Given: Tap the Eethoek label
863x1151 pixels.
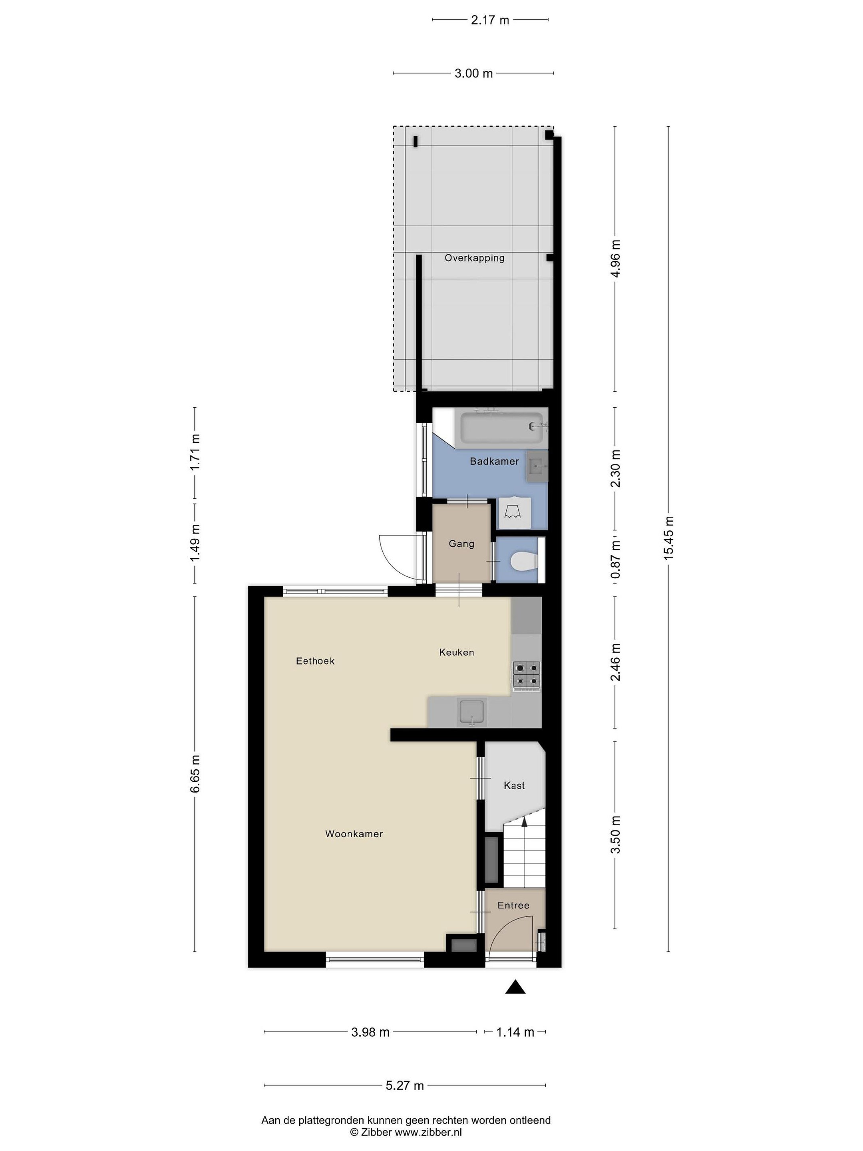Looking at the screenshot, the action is (315, 661).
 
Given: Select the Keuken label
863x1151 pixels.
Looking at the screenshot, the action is (456, 652).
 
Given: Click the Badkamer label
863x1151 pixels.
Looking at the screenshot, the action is (494, 461).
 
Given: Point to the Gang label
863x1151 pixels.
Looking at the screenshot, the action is (461, 544).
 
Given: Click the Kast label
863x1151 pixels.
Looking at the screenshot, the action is (514, 786).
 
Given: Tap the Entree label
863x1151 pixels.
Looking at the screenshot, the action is (513, 905).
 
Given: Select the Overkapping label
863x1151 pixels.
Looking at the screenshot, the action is (474, 257).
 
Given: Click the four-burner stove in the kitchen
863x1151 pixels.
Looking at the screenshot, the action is (527, 675).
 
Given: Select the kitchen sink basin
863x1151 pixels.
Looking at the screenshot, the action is (472, 712).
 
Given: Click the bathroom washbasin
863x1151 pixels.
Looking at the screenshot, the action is (537, 467).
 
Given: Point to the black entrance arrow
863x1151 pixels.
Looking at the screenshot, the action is (515, 987).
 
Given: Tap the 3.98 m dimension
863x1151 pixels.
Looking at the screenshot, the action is (370, 1032).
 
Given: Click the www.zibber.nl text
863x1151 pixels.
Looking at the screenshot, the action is (428, 1132).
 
